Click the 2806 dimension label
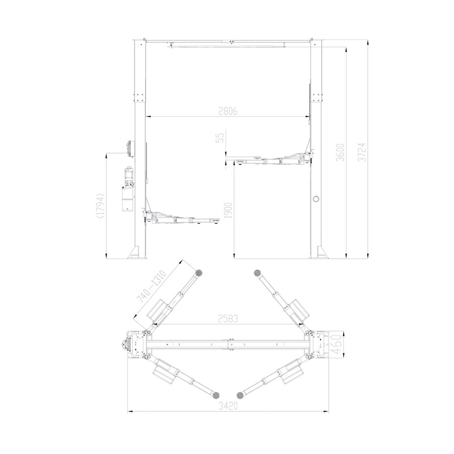[228, 111]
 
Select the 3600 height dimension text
[341, 152]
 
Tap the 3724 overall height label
[362, 152]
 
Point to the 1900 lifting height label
[229, 211]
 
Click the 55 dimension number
[220, 138]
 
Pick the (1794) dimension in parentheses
[100, 205]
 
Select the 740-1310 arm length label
[151, 287]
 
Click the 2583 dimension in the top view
[228, 318]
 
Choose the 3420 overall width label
[228, 406]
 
